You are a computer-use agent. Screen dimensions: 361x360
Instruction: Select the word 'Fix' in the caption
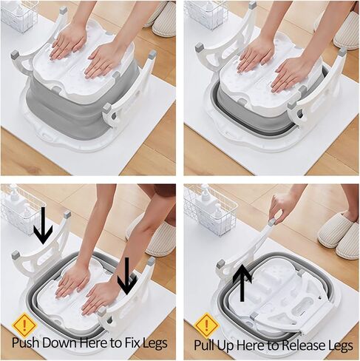(129, 343)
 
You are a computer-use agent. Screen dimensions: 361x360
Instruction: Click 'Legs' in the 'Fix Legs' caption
(154, 343)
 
